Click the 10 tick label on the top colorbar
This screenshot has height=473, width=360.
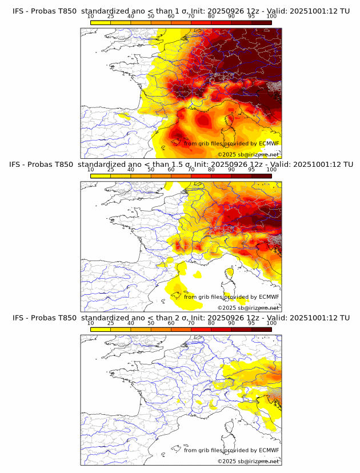point(91,16)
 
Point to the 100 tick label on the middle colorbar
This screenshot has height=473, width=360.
point(271,170)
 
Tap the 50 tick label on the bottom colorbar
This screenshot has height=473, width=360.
point(151,323)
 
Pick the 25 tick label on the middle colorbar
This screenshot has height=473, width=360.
point(111,170)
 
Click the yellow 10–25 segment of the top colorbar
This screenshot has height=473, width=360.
point(101,22)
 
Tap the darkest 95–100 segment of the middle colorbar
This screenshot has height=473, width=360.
point(262,176)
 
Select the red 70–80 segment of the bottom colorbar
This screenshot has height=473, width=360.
point(201,329)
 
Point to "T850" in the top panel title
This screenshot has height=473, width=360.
point(63,10)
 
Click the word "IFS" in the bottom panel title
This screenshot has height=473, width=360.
point(19,318)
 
